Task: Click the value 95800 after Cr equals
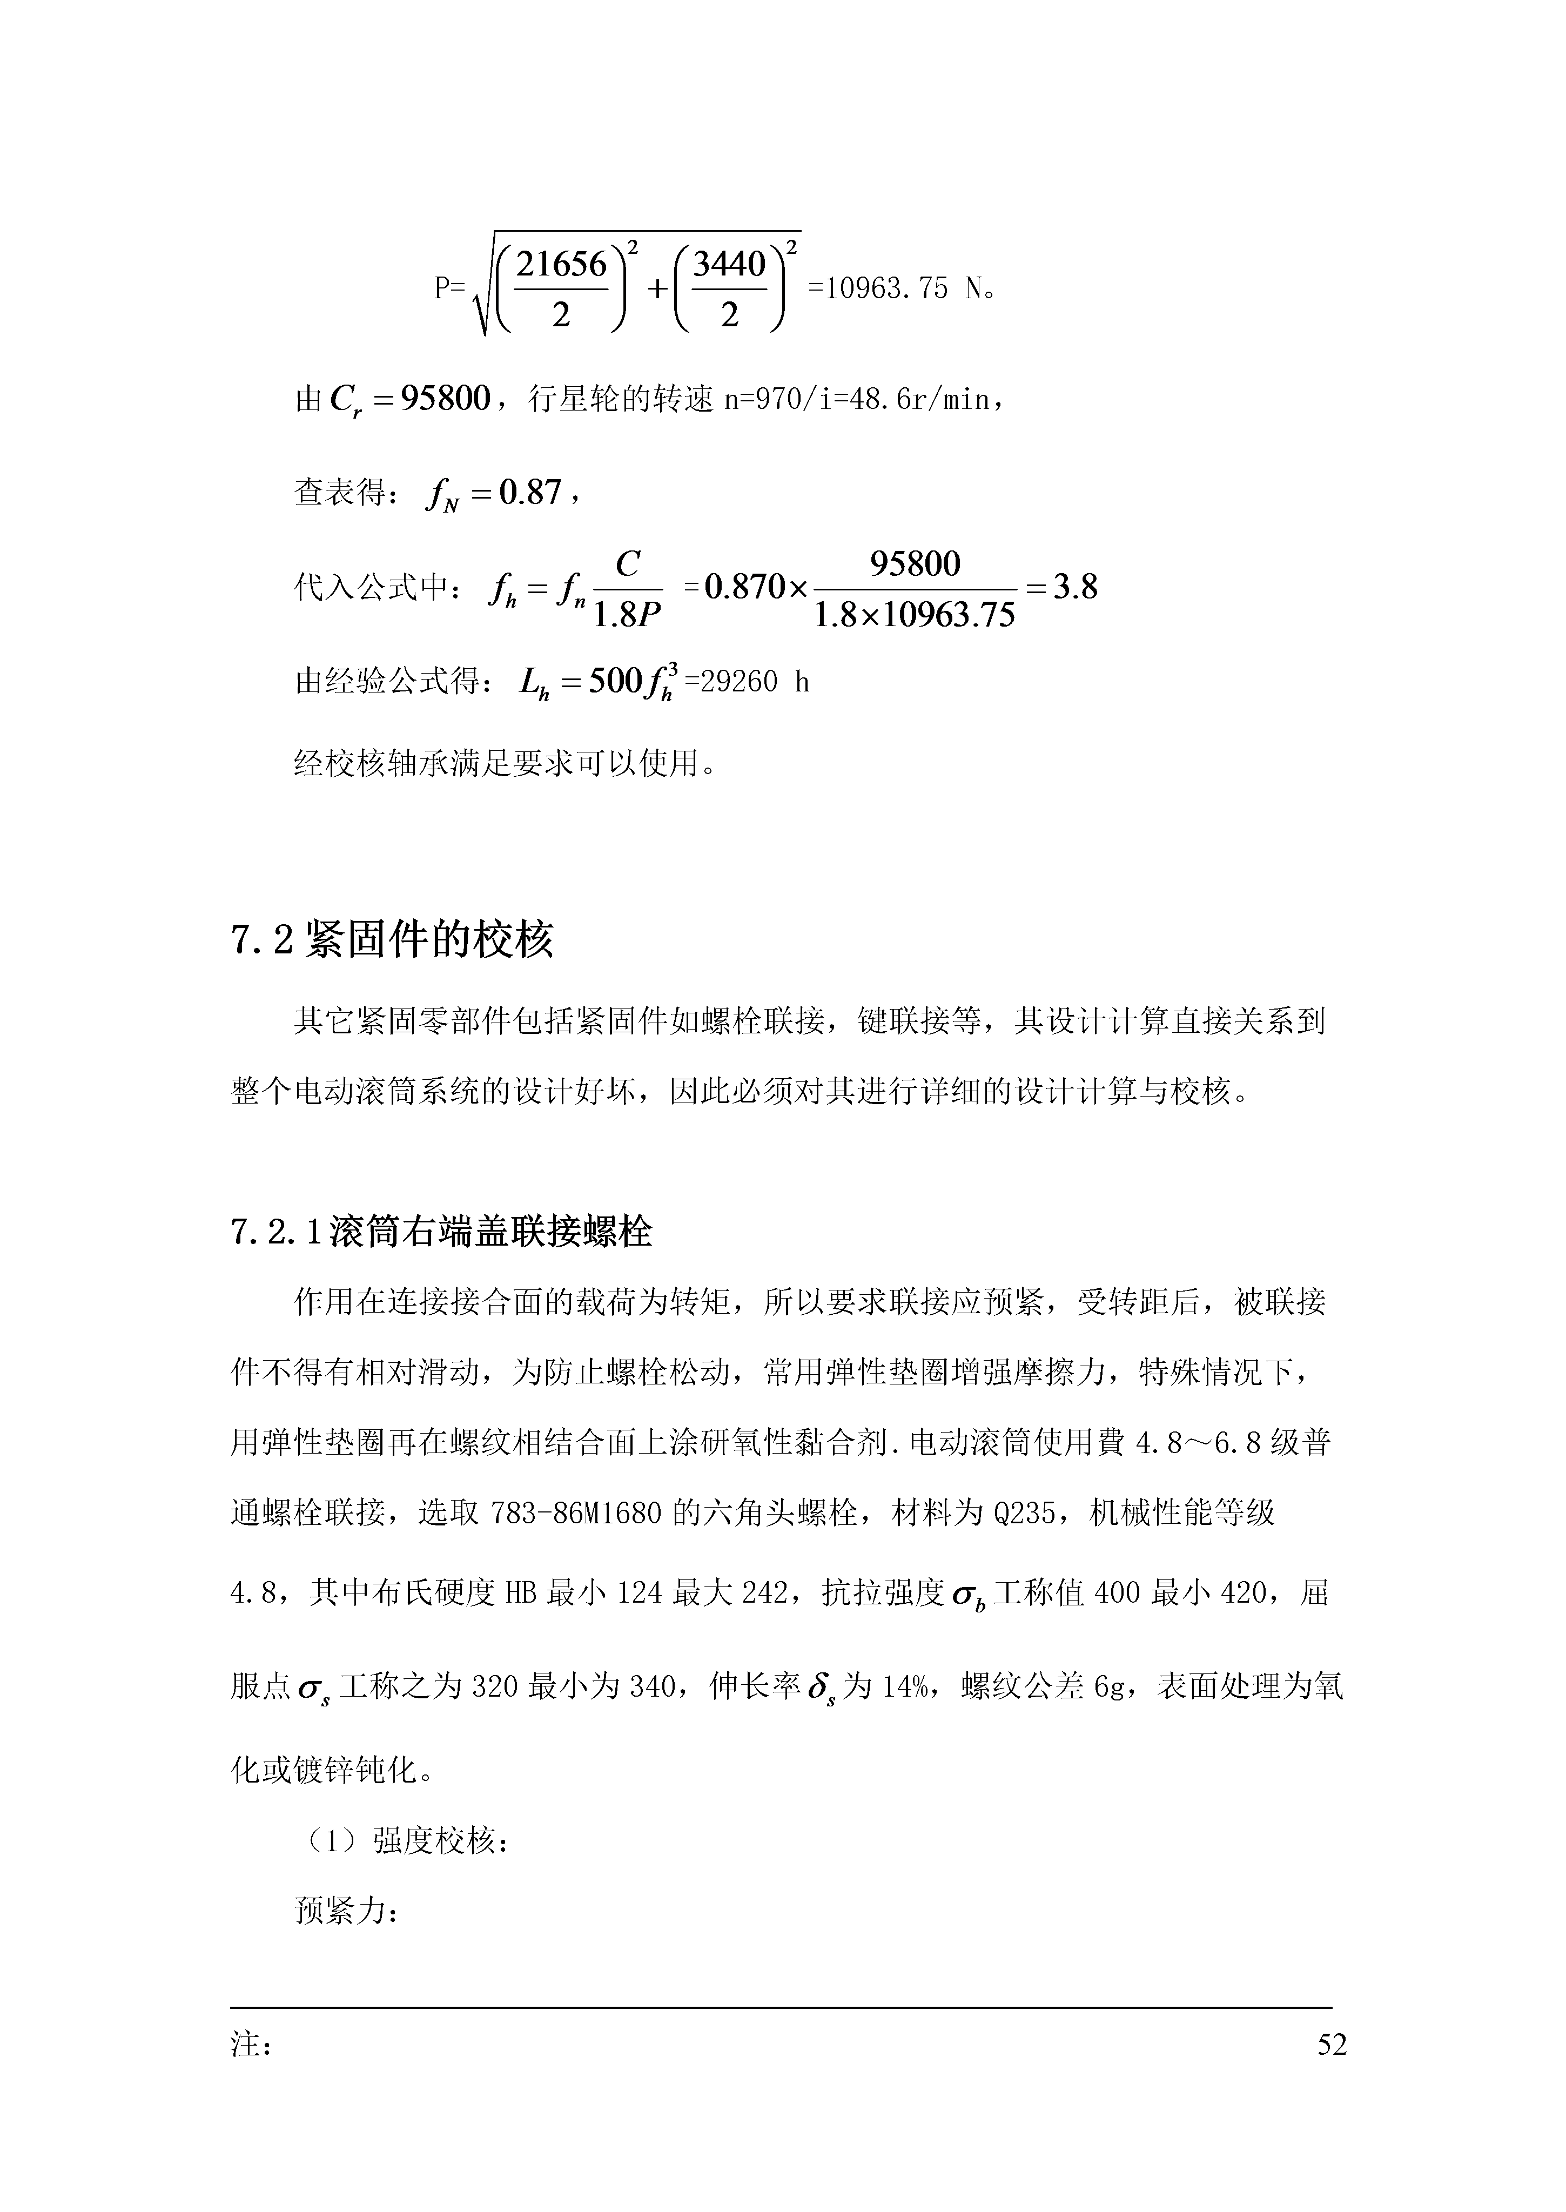pyautogui.click(x=446, y=397)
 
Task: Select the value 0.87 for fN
pyautogui.click(x=529, y=493)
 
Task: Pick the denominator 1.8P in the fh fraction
pyautogui.click(x=627, y=614)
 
